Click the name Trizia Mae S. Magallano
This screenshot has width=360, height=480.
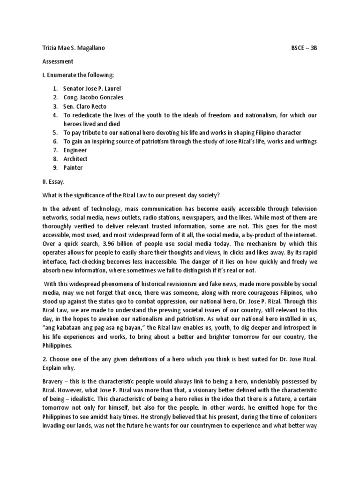[x=73, y=48]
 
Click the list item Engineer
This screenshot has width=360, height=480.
[x=75, y=150]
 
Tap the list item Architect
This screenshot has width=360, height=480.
[x=75, y=159]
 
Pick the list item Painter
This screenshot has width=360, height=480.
[x=74, y=168]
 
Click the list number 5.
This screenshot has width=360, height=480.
[x=54, y=133]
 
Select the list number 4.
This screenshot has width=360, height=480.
[x=54, y=115]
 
